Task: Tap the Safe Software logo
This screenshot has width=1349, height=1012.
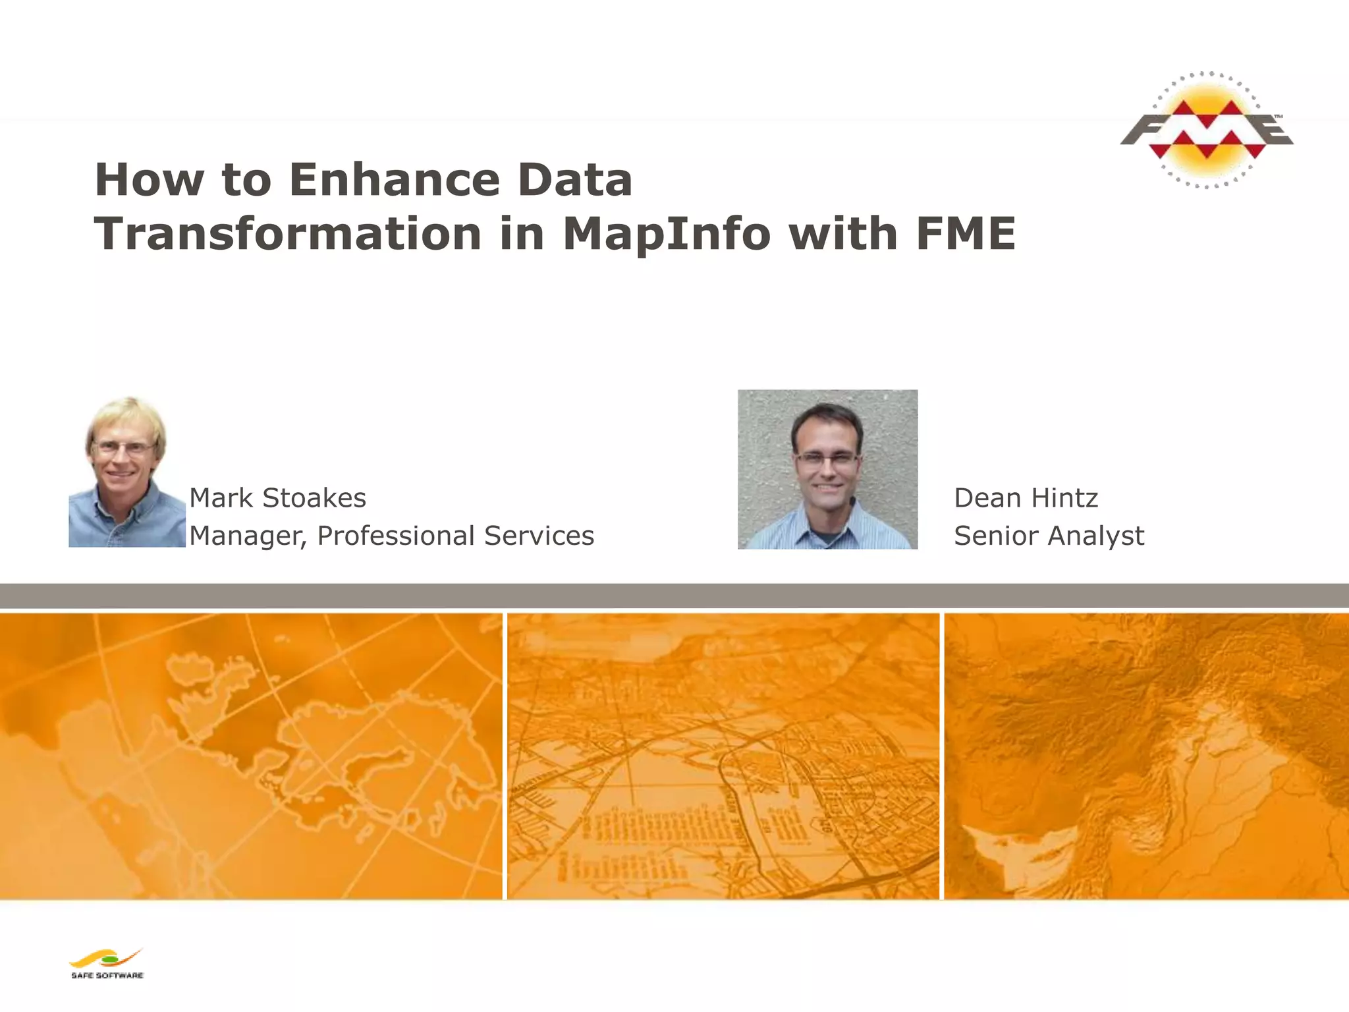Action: click(107, 963)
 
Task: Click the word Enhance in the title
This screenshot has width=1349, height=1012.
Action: click(395, 180)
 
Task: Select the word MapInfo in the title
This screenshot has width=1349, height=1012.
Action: click(667, 234)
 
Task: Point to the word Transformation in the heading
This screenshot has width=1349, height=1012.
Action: click(288, 234)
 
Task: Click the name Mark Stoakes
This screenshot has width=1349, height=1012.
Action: click(277, 498)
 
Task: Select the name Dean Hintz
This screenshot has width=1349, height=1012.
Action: click(1026, 498)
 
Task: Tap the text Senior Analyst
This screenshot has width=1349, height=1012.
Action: click(1049, 536)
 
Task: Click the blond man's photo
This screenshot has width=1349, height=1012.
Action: click(126, 471)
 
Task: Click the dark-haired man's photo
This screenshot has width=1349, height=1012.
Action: click(827, 469)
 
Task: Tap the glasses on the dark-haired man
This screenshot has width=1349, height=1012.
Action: click(827, 459)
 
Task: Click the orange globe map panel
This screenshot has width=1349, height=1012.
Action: click(250, 756)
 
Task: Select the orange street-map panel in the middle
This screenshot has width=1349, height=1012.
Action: click(723, 756)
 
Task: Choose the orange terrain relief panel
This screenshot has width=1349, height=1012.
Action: click(1146, 756)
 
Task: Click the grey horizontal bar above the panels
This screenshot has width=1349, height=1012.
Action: click(674, 595)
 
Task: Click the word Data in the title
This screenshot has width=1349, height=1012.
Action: click(574, 180)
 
